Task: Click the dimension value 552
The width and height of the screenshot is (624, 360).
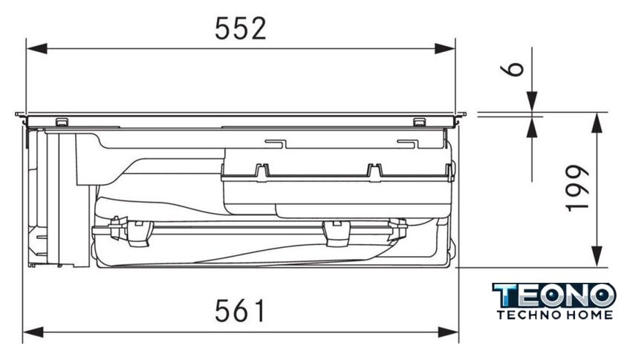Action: tap(241, 29)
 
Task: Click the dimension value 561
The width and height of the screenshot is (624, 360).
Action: tap(239, 311)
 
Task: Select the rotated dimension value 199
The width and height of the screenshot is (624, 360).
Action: tap(577, 187)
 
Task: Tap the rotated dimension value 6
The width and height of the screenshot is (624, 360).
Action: tap(512, 68)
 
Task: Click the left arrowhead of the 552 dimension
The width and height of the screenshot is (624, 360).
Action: tap(36, 49)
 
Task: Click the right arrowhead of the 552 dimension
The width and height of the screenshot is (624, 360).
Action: tap(445, 49)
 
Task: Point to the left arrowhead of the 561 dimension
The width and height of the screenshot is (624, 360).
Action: tap(33, 332)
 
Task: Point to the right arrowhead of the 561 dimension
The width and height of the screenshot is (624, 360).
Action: tap(449, 332)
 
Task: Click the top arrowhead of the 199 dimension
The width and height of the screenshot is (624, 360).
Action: tap(597, 123)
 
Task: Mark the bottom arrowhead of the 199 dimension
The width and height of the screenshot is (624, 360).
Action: tap(597, 257)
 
